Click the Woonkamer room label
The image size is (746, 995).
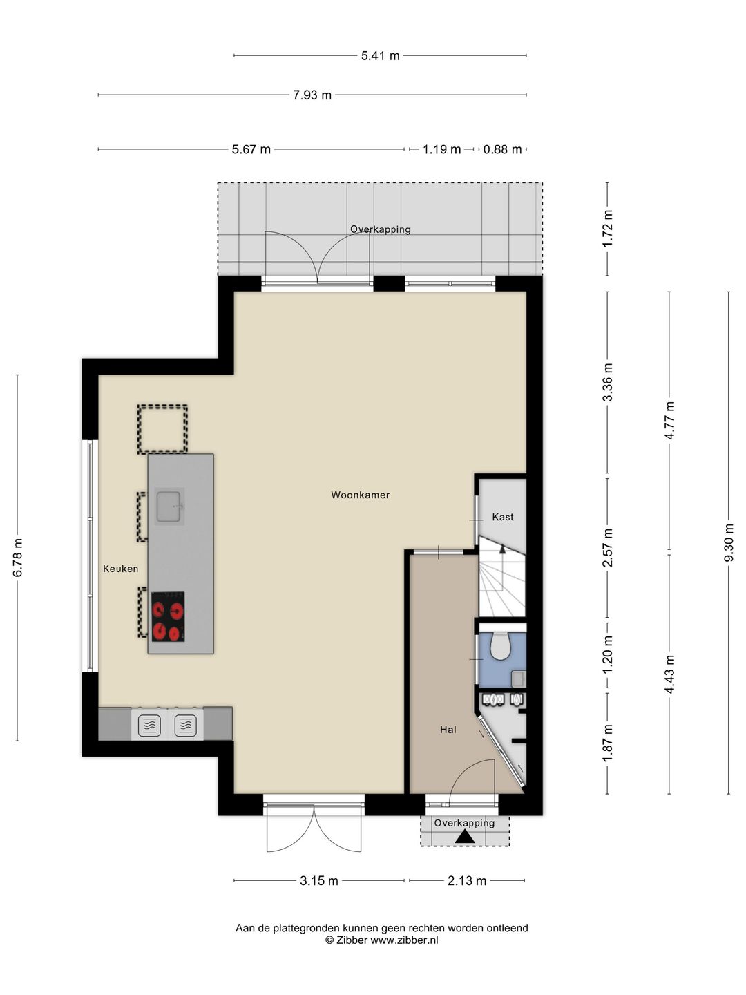360,495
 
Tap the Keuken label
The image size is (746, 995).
120,569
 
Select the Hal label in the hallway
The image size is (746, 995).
448,730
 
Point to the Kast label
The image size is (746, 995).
503,517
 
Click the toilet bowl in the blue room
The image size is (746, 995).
501,647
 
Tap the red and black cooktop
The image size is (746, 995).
168,616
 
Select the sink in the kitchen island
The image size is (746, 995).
169,506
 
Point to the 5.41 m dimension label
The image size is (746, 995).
381,56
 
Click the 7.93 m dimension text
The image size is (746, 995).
312,95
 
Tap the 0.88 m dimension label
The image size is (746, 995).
502,149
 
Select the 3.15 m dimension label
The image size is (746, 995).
319,881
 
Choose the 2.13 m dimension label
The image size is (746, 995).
467,881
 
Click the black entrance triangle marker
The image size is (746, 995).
465,837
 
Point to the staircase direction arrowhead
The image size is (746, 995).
502,549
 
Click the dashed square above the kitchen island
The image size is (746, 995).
162,429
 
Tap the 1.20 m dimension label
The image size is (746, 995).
607,654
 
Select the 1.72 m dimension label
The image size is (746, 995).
607,229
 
